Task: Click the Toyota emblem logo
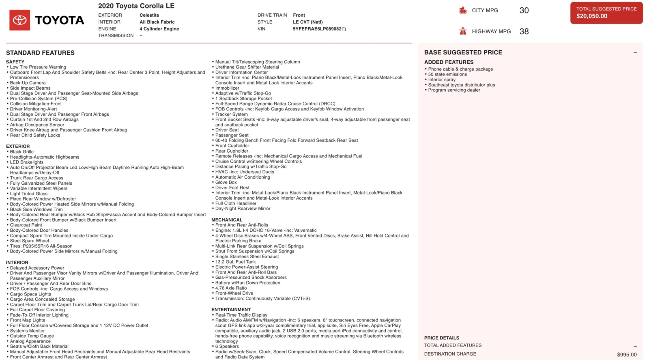pyautogui.click(x=19, y=20)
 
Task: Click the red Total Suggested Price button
pyautogui.click(x=606, y=13)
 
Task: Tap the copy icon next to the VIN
pyautogui.click(x=344, y=29)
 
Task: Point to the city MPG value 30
pyautogui.click(x=524, y=11)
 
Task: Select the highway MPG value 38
pyautogui.click(x=524, y=32)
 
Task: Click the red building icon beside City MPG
pyautogui.click(x=463, y=11)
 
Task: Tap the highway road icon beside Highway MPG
pyautogui.click(x=463, y=31)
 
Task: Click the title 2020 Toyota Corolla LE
pyautogui.click(x=136, y=6)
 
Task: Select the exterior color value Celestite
pyautogui.click(x=149, y=15)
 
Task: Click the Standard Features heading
pyautogui.click(x=40, y=53)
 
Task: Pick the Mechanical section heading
pyautogui.click(x=227, y=220)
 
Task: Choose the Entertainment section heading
pyautogui.click(x=231, y=310)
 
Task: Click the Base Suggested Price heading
pyautogui.click(x=463, y=52)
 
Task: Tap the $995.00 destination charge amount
pyautogui.click(x=626, y=355)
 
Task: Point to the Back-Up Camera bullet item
pyautogui.click(x=28, y=83)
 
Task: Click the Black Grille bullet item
pyautogui.click(x=22, y=152)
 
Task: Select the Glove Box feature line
pyautogui.click(x=226, y=183)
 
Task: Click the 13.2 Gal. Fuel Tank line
pyautogui.click(x=235, y=262)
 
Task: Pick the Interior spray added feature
pyautogui.click(x=442, y=80)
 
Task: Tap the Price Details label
pyautogui.click(x=441, y=338)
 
